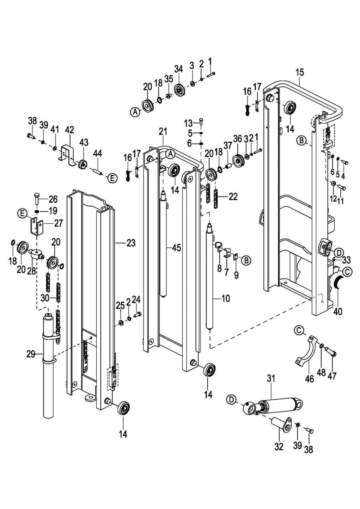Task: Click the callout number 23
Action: click(131, 243)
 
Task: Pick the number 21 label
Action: click(163, 132)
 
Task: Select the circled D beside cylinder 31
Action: click(231, 399)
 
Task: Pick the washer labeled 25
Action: click(120, 322)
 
